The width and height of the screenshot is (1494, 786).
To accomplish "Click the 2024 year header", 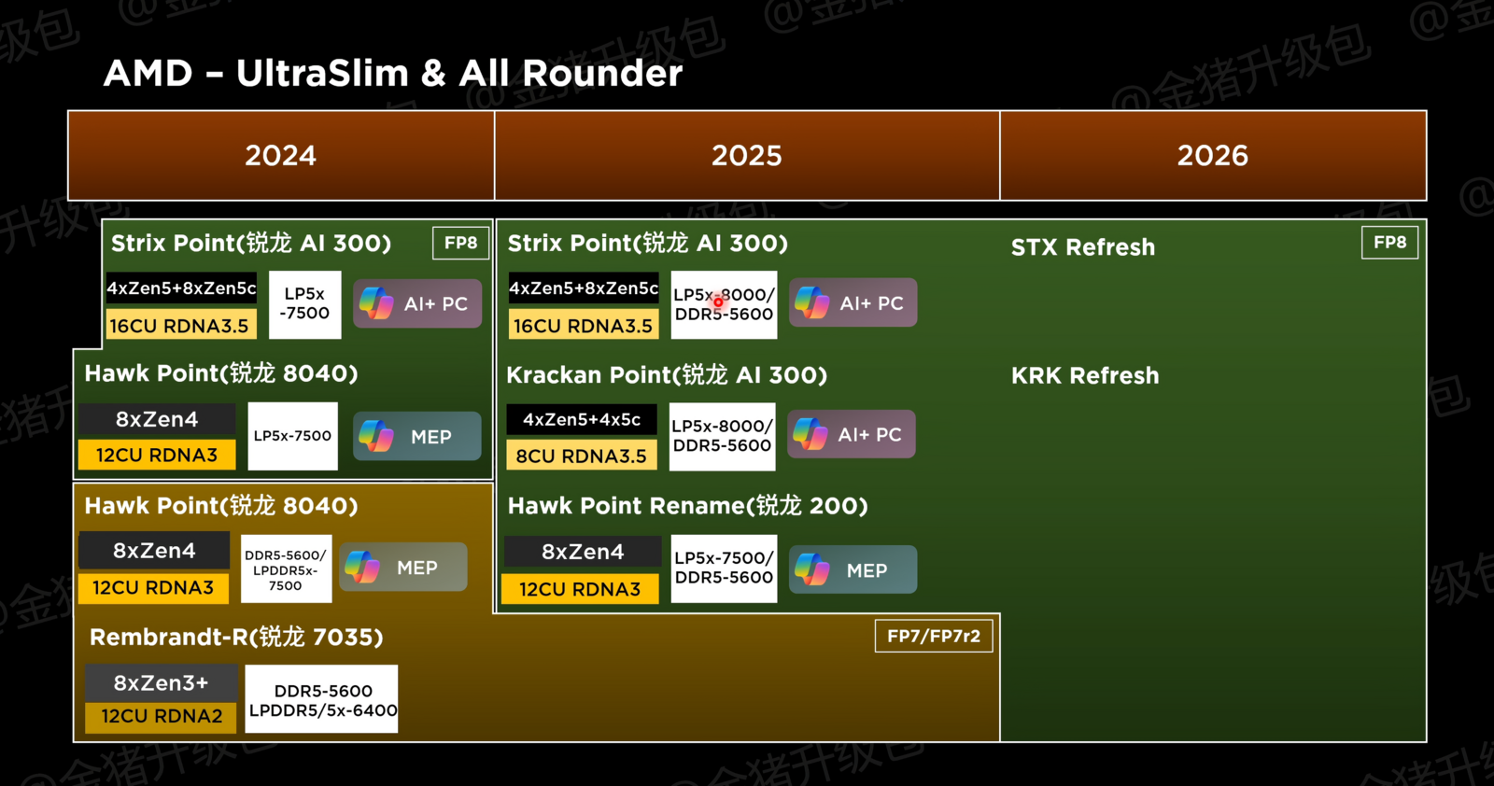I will click(x=280, y=155).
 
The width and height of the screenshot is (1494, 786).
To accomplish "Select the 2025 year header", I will click(x=746, y=155).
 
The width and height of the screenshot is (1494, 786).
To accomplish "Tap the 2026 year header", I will click(x=1212, y=155).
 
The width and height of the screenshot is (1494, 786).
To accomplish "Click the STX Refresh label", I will click(x=1082, y=247).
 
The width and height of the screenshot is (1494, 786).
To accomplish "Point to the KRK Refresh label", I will click(x=1084, y=375).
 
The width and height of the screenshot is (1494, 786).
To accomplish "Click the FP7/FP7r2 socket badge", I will click(x=933, y=636).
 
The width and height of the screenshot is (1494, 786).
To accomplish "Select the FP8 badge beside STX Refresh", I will click(x=1388, y=243).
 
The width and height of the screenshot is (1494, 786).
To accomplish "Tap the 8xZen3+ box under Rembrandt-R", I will click(x=161, y=682).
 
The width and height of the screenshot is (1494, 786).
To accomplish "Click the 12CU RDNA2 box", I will click(x=162, y=716).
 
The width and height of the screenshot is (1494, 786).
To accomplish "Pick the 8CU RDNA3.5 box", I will click(x=581, y=456).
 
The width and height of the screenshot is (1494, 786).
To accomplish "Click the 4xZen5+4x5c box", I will click(x=581, y=419).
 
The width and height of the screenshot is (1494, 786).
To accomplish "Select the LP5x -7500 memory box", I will click(x=304, y=304).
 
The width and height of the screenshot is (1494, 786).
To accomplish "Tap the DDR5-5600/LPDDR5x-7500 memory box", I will click(x=285, y=569).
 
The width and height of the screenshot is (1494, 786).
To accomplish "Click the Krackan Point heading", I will click(x=666, y=375).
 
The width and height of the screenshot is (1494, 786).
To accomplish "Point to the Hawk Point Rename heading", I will click(x=687, y=506).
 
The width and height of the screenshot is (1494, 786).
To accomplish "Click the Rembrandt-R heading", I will click(x=235, y=637).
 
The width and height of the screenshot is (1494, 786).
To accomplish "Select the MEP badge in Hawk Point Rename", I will click(x=853, y=569).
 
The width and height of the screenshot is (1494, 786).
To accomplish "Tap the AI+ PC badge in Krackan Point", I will click(x=851, y=434).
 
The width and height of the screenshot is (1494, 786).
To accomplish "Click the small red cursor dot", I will click(x=718, y=302).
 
